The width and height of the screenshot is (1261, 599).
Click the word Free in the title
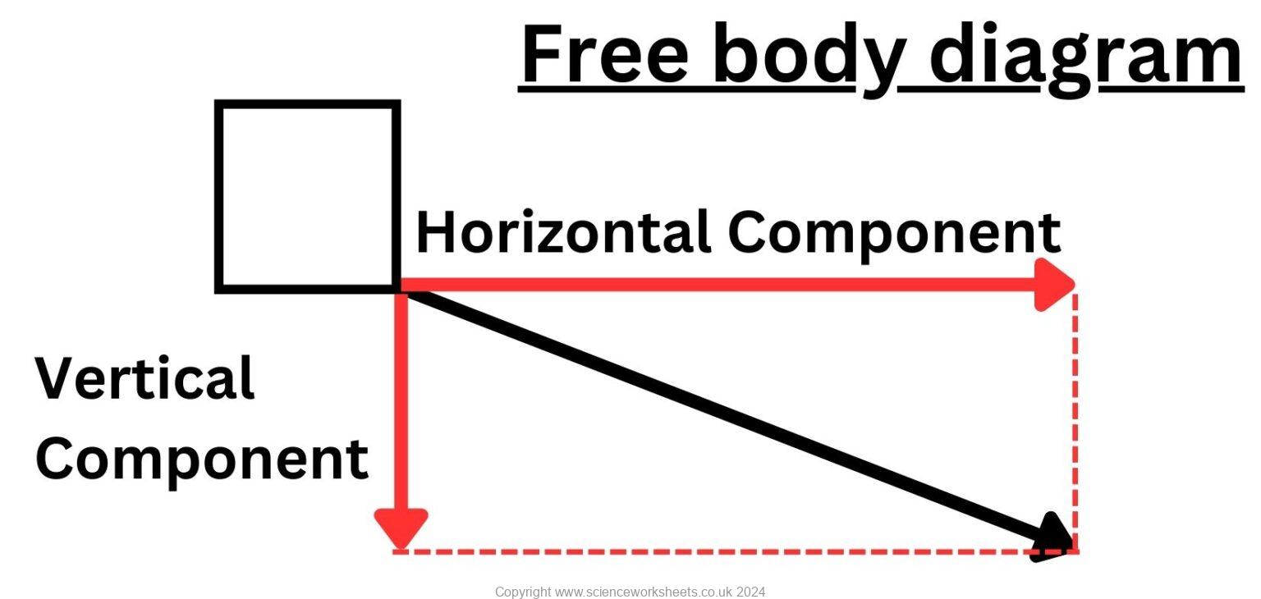pyautogui.click(x=606, y=54)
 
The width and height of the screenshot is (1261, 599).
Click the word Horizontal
pyautogui.click(x=562, y=231)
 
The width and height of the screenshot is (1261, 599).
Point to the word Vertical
pyautogui.click(x=144, y=377)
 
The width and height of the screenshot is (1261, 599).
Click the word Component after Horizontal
pyautogui.click(x=894, y=235)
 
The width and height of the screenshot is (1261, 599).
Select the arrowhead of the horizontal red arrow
pyautogui.click(x=1054, y=285)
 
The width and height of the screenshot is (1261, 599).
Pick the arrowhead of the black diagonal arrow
pyautogui.click(x=1052, y=538)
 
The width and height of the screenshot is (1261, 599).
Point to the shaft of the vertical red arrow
pyautogui.click(x=401, y=400)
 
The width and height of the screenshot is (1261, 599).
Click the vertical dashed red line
pyautogui.click(x=1075, y=422)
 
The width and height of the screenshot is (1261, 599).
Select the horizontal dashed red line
pyautogui.click(x=736, y=551)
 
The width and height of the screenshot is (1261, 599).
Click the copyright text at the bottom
pyautogui.click(x=630, y=592)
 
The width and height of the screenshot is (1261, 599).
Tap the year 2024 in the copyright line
pyautogui.click(x=750, y=592)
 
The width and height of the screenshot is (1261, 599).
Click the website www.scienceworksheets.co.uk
pyautogui.click(x=644, y=592)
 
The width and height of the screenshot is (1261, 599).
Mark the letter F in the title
pyautogui.click(x=543, y=54)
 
